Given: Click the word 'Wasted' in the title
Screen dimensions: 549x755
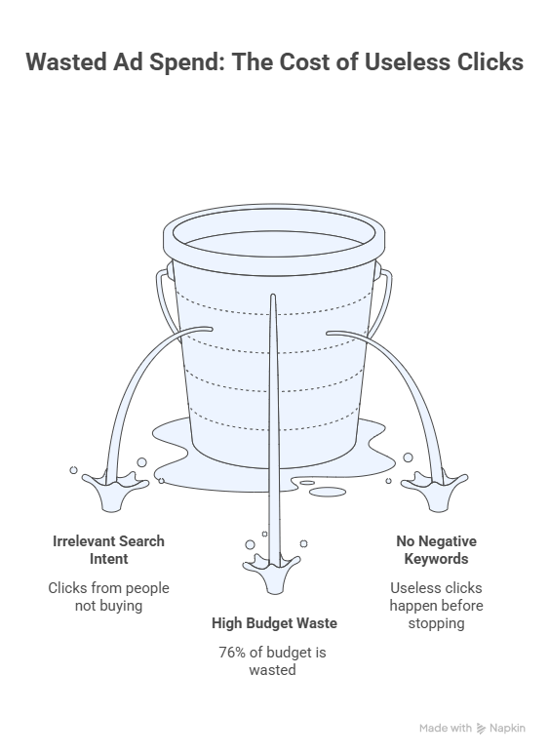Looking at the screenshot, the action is (66, 62).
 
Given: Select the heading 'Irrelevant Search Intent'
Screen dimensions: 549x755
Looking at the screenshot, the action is (109, 550).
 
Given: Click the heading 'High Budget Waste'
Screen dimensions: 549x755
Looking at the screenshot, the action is (274, 623).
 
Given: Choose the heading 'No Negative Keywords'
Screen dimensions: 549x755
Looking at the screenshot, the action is (437, 550).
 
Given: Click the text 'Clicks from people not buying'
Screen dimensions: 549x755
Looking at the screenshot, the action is (109, 597).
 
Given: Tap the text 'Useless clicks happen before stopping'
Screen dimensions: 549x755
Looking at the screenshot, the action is (437, 605).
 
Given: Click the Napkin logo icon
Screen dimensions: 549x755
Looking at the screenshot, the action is (481, 729).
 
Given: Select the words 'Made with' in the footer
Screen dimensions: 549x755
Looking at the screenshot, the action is (445, 728).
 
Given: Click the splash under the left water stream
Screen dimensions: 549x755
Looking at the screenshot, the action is (115, 489).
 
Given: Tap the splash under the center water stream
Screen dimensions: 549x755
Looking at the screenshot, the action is (272, 573).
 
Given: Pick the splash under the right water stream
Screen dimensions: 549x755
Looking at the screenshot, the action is (435, 490).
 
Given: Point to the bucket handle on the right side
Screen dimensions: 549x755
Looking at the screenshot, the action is (383, 301).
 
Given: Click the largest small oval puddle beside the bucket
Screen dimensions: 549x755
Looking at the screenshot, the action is (328, 492).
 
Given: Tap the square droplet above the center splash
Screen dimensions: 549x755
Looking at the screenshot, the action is (264, 534).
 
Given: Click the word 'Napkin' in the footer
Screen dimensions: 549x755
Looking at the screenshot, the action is (507, 729).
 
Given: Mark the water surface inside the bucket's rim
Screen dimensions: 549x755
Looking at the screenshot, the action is (273, 244).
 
